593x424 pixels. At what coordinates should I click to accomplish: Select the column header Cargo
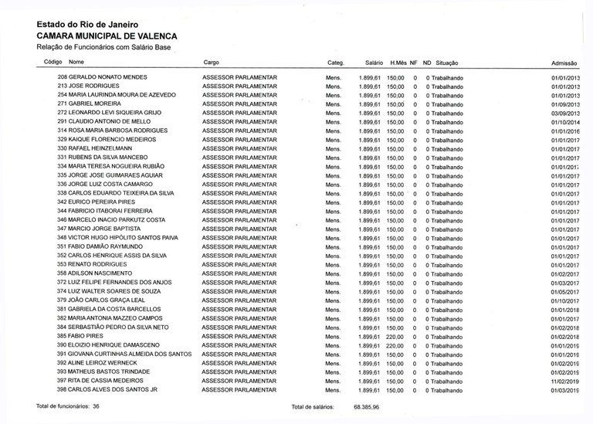click(x=211, y=62)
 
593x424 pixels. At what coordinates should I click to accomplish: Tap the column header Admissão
click(x=565, y=63)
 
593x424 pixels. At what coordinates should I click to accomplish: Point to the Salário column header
click(x=374, y=62)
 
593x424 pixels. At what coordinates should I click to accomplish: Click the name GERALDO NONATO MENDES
click(x=108, y=78)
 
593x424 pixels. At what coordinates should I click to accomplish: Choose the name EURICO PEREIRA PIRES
click(x=101, y=202)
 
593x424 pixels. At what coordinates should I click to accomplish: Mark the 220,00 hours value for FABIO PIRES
click(x=396, y=337)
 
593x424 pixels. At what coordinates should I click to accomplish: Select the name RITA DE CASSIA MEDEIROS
click(x=106, y=381)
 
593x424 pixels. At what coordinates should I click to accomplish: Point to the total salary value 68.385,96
click(x=367, y=406)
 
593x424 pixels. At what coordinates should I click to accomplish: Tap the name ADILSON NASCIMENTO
click(x=100, y=274)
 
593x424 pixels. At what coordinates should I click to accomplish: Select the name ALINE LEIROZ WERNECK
click(x=102, y=363)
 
